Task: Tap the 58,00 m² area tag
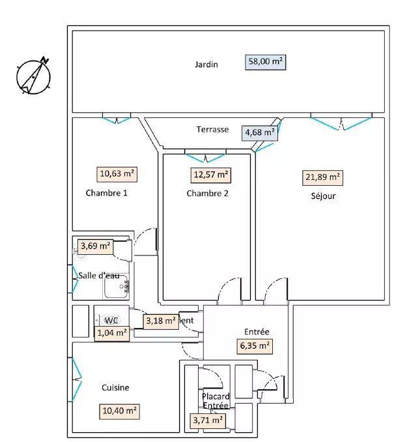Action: [266, 62]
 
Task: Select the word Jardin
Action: [206, 65]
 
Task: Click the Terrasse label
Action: [213, 129]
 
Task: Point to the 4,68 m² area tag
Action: [259, 134]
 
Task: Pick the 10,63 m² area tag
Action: [118, 174]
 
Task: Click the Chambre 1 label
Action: [106, 193]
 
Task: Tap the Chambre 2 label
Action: [207, 193]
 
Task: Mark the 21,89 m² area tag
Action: [324, 177]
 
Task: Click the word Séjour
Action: [324, 196]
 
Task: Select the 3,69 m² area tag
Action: [95, 246]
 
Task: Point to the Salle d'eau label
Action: [99, 276]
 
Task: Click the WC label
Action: [112, 320]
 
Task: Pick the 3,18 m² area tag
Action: [160, 321]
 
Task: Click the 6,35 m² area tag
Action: [255, 346]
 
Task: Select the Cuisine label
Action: [115, 388]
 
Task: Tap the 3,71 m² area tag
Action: [207, 421]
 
